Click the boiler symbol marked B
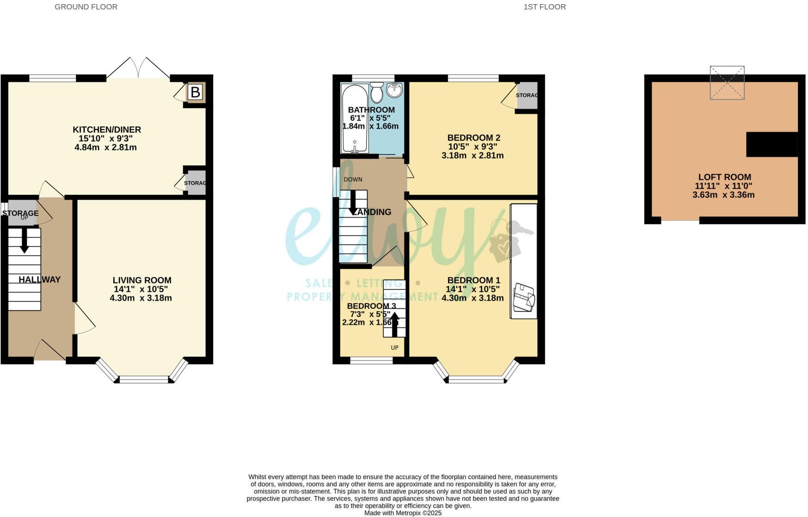point(195,92)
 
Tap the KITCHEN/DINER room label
point(107,129)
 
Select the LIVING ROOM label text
point(142,280)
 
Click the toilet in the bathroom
point(377,93)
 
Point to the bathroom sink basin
point(395,90)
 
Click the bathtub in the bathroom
point(355,118)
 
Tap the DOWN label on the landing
point(353,179)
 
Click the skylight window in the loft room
point(727,83)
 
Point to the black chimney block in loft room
point(772,144)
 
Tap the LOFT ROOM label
point(724,177)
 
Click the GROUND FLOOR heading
point(86,7)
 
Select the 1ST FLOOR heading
point(545,7)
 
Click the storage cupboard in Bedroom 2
point(527,95)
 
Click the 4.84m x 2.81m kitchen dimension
point(105,148)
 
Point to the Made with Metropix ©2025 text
point(403,513)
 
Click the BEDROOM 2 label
point(473,138)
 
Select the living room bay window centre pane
point(144,380)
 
